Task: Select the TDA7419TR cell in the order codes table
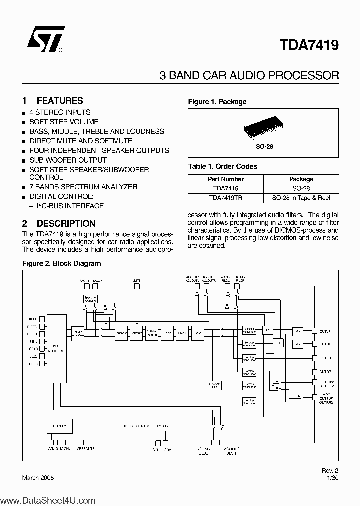tap(225, 198)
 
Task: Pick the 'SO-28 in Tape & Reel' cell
tap(301, 198)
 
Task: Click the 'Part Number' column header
tap(225, 179)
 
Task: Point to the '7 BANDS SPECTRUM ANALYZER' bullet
tap(83, 187)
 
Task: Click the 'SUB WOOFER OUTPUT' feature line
tap(68, 160)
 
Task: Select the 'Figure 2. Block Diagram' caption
tap(62, 263)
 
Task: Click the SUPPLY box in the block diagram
tap(59, 426)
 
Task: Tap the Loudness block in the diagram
tap(121, 333)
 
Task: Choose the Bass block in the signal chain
tap(198, 333)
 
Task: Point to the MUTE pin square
tap(136, 287)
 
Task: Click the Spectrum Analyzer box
tap(90, 299)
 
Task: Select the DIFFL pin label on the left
tap(32, 318)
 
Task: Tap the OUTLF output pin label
tap(325, 331)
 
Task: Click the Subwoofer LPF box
tap(214, 385)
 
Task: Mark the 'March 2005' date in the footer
tap(38, 478)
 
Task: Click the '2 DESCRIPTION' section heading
tap(59, 224)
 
